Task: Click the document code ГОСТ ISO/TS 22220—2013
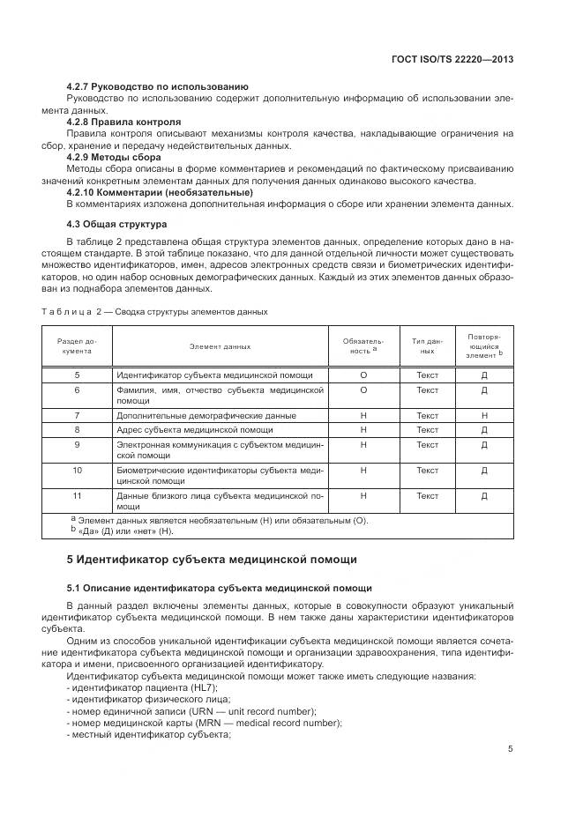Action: (x=452, y=59)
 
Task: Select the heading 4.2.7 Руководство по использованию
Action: (x=157, y=86)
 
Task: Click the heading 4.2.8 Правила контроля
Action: (x=123, y=122)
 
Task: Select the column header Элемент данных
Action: (x=220, y=346)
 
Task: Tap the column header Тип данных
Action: (x=427, y=345)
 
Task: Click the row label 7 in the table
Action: (x=78, y=415)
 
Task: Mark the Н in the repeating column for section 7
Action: (x=484, y=415)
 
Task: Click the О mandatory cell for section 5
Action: (x=363, y=375)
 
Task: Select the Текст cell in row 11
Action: (x=427, y=496)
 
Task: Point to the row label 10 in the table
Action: (x=78, y=471)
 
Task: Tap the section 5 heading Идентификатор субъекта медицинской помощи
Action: (x=213, y=560)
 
